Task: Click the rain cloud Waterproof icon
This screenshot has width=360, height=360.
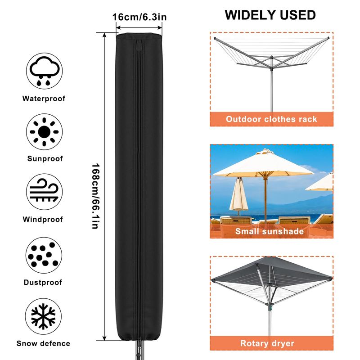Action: point(44,71)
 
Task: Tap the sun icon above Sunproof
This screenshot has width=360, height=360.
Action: point(44,132)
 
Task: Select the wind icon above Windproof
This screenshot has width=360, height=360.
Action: point(44,192)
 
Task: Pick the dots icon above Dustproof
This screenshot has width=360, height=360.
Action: point(44,255)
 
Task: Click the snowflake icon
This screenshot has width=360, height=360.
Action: point(43,316)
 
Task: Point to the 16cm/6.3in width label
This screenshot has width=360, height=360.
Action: point(139,17)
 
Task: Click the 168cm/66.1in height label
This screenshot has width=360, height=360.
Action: point(95,196)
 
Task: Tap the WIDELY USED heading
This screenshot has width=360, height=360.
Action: point(270,15)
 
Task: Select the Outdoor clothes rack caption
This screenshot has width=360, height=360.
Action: point(271,119)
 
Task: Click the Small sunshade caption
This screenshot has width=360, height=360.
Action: point(270,231)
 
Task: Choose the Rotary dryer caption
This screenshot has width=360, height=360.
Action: point(267,343)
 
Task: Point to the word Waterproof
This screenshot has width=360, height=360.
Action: point(44,99)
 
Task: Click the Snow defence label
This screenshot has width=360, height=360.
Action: point(43,343)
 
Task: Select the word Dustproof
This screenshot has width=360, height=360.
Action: point(43,283)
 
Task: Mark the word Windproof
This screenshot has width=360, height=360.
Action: point(43,219)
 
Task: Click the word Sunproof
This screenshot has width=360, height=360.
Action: point(45,159)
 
